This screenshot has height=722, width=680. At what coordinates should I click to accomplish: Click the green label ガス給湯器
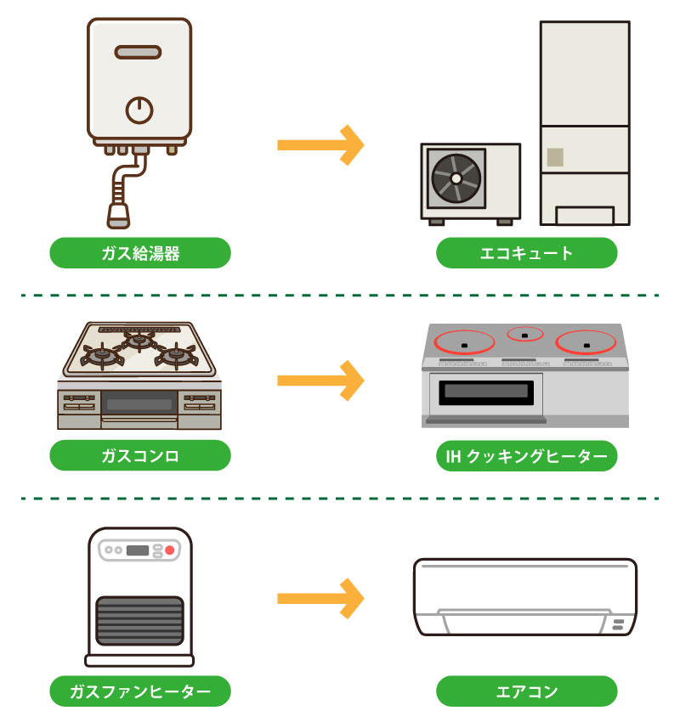pos(140,253)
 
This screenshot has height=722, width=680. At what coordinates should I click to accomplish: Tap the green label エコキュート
pos(526,253)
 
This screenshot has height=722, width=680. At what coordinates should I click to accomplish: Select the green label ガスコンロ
pos(140,455)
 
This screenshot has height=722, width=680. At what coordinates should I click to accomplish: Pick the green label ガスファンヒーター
pos(140,691)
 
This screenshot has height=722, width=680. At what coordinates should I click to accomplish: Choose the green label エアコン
pos(526,691)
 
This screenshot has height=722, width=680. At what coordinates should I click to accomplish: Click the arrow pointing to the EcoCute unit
pos(320,145)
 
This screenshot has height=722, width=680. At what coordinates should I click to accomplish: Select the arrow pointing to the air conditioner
pos(320,599)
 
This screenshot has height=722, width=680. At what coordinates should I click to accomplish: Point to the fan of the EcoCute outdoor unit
pos(456,178)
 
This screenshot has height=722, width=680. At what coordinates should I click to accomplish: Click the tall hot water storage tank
pos(585,123)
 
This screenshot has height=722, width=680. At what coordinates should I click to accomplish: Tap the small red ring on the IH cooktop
pos(524,333)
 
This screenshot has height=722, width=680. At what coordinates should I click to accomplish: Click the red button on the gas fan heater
pos(169,550)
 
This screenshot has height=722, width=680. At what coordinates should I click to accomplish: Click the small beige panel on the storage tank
pos(555,157)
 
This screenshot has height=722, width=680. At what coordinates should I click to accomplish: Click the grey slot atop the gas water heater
pos(139,53)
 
